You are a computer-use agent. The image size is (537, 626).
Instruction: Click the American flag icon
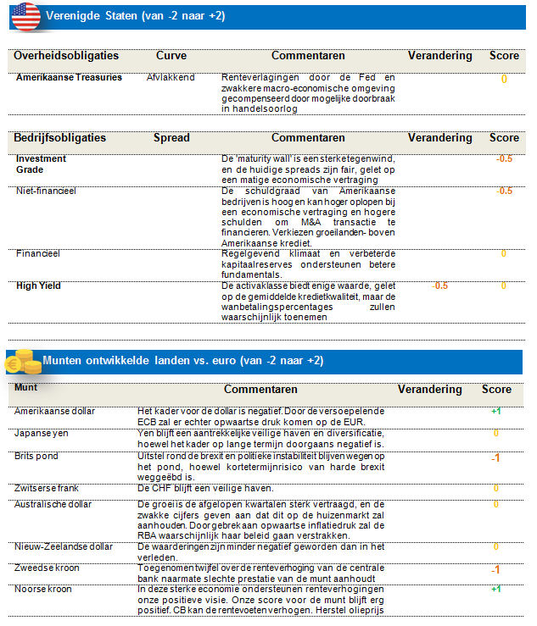click(x=25, y=16)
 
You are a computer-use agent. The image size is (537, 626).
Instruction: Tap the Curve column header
click(x=171, y=56)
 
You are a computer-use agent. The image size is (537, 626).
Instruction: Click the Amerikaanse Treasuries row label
click(x=69, y=77)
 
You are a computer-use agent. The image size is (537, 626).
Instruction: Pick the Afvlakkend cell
click(x=171, y=77)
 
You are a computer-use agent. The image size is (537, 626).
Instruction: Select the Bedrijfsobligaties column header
click(x=59, y=137)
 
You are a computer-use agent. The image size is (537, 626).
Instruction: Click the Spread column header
click(x=171, y=137)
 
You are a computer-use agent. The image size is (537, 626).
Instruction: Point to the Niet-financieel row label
click(x=46, y=191)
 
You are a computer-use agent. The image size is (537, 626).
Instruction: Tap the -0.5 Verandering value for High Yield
click(x=439, y=285)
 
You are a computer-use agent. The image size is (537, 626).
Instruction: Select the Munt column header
click(x=26, y=389)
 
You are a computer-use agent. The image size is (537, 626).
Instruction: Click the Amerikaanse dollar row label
click(x=55, y=411)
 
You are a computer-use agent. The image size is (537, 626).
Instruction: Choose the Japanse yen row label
click(x=43, y=432)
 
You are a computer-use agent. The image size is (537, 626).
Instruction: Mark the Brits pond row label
click(x=38, y=455)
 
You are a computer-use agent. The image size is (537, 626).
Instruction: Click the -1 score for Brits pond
click(x=495, y=458)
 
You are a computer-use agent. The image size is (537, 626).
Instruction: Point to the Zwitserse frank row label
click(x=48, y=488)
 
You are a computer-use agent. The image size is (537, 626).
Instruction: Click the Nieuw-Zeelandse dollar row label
click(x=64, y=546)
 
